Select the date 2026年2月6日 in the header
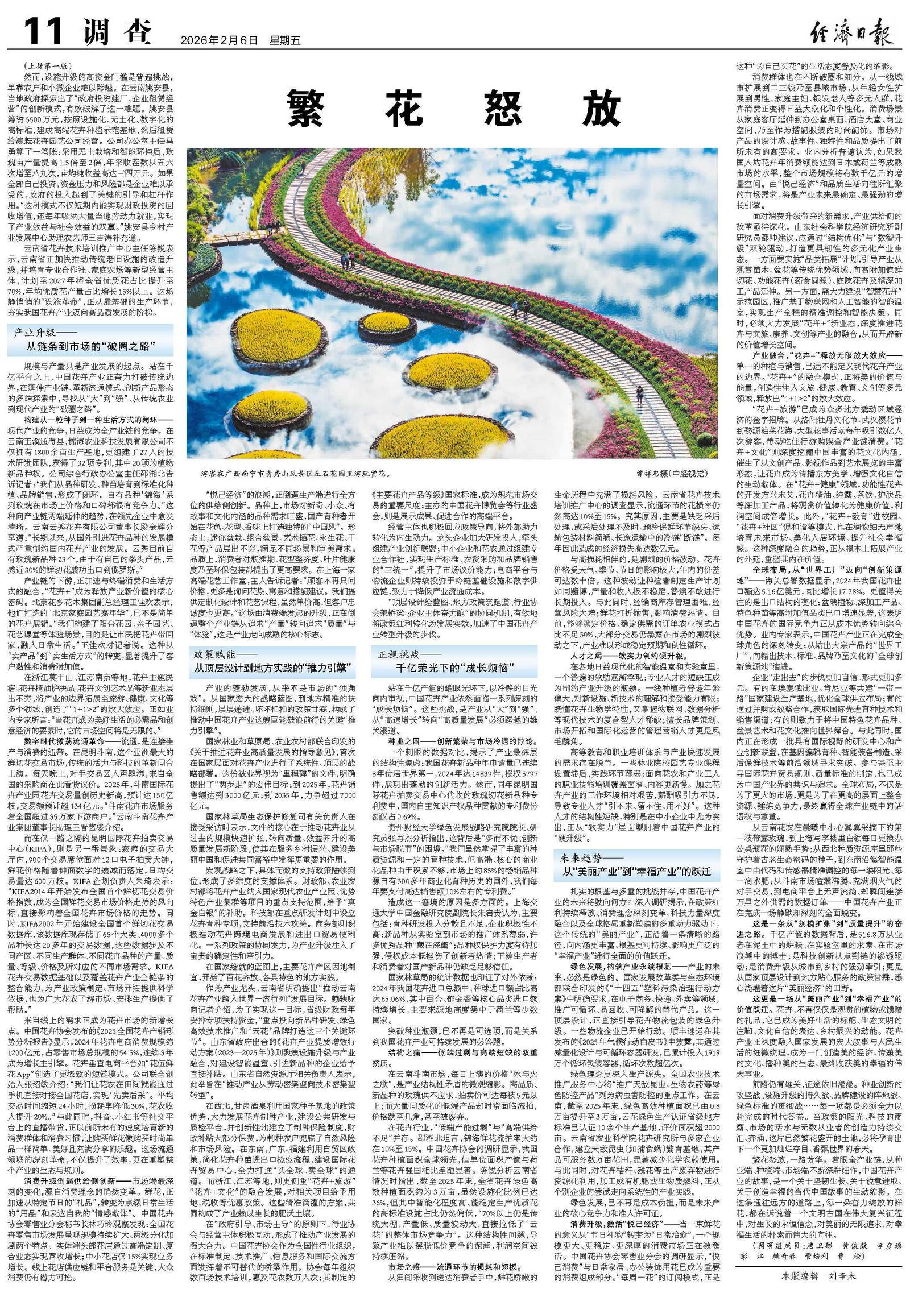pyautogui.click(x=219, y=40)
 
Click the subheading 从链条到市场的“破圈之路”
pyautogui.click(x=90, y=346)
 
